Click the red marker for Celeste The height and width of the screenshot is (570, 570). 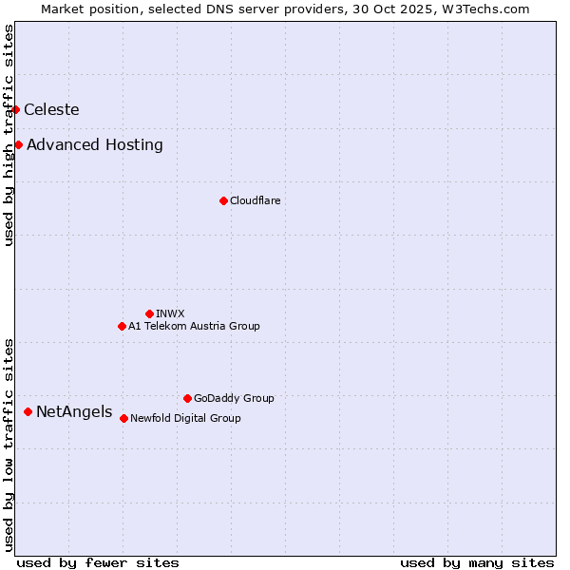point(16,110)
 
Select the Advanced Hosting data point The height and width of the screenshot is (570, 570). point(19,145)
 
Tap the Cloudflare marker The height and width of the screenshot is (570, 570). point(223,200)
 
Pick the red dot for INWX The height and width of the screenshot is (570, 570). point(149,313)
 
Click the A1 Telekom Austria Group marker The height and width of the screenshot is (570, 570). point(122,327)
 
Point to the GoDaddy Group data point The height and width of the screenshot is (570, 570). point(187,398)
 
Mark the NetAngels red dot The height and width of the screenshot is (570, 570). point(28,411)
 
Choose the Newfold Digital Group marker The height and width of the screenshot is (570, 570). point(123,418)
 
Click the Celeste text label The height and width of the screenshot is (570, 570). point(51,110)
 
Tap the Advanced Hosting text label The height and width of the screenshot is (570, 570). point(95,145)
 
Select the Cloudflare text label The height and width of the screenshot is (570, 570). point(255,200)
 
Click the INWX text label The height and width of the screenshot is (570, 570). point(170,313)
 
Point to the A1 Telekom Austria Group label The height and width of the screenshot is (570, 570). point(194,327)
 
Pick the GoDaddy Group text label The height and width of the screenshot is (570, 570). point(234,398)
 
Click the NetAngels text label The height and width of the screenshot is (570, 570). point(74,412)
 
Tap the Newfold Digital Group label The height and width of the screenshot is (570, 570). point(185,418)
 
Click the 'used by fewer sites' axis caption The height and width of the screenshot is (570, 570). point(98,562)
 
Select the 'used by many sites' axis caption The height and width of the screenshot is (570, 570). point(477,562)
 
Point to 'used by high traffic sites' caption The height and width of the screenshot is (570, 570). point(9,135)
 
